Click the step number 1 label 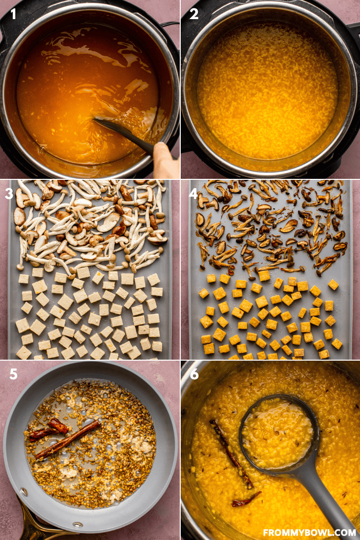13,14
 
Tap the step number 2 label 194,14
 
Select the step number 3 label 9,194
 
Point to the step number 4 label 193,194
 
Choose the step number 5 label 13,374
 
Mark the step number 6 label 194,374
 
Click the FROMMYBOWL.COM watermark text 309,532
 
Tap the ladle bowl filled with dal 277,431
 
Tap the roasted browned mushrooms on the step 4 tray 269,225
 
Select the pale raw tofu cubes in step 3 88,314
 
